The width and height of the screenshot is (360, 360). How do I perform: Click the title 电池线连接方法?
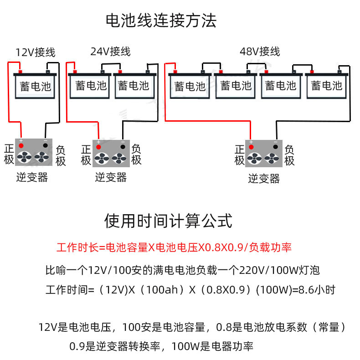pos(161,21)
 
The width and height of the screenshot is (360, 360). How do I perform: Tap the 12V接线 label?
pos(35,52)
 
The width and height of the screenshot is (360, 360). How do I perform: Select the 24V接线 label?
pos(110,51)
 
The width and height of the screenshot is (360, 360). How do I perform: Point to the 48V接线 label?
pos(260,51)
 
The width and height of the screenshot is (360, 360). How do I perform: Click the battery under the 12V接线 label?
pos(36,86)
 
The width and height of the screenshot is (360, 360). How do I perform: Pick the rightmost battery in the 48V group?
pos(325,85)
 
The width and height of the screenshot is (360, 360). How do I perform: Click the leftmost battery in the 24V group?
pos(91,85)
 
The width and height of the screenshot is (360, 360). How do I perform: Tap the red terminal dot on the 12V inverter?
pos(21,145)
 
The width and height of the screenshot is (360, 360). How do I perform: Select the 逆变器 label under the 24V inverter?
pos(111,177)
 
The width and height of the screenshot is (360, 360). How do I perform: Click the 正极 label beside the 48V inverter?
pos(240,155)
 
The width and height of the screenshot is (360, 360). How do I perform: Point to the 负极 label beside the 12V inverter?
pos(61,155)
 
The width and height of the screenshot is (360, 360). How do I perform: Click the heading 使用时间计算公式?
pos(168,221)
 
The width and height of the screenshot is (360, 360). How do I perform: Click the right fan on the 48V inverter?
pos(272,158)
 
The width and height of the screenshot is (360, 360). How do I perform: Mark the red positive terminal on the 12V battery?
pos(20,72)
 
